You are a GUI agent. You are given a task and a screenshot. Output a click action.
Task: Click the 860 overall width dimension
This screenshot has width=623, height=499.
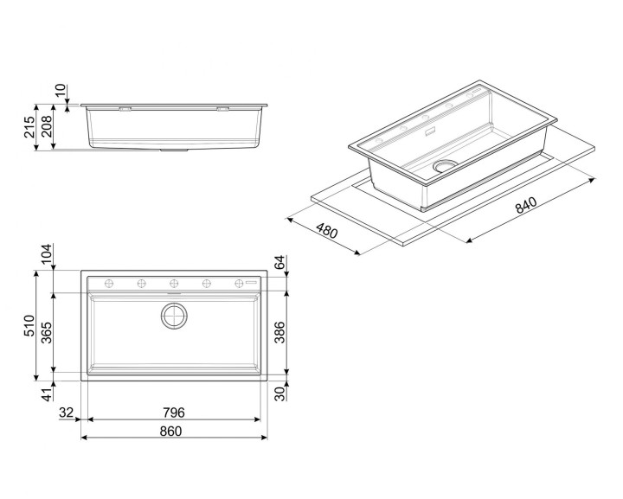[170, 432]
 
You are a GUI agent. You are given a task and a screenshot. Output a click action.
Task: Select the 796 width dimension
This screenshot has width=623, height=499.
[174, 413]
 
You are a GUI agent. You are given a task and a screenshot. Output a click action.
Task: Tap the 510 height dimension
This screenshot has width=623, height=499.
[29, 325]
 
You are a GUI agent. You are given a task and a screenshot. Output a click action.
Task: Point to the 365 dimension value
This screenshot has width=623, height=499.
[47, 333]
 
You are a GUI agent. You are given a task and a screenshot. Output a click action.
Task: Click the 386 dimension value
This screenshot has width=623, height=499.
[279, 332]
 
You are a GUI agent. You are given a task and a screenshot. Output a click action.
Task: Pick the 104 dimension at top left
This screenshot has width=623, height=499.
[47, 254]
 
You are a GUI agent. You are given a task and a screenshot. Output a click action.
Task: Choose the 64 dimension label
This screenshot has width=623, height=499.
[279, 262]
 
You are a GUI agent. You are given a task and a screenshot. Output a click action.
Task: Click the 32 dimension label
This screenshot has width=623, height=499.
[67, 413]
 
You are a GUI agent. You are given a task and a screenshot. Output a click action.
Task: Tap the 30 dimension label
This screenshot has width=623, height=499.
[279, 393]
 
